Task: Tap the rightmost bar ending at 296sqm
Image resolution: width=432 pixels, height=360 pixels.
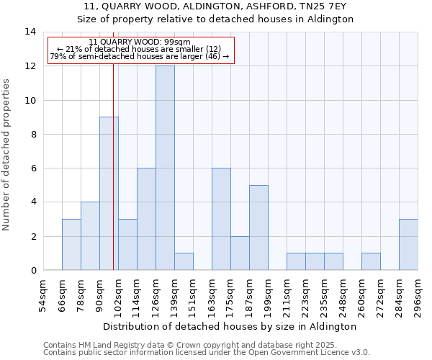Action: point(408,245)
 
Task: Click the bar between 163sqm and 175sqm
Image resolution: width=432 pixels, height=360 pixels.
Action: point(221,219)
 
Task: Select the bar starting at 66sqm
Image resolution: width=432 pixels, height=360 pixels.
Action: point(71,245)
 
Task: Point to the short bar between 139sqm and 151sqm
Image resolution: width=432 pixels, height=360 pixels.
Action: point(184,261)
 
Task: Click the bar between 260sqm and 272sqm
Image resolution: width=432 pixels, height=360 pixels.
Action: point(371,261)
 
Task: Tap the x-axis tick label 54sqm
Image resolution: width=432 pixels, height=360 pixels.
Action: point(43,296)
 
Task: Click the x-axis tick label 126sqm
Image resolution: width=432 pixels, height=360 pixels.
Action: point(156,296)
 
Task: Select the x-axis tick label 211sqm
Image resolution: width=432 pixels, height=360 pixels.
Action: point(287,296)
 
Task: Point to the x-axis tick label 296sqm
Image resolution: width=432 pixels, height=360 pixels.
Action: point(418,296)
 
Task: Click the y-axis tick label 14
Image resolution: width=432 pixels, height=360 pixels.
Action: point(30,32)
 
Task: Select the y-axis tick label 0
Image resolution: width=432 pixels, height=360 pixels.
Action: point(33,271)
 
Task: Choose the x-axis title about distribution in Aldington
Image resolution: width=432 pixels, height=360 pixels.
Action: point(230,326)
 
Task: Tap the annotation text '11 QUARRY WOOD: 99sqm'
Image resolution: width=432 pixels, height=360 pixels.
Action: point(140,42)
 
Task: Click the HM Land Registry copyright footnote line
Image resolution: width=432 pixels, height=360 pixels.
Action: point(194,345)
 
